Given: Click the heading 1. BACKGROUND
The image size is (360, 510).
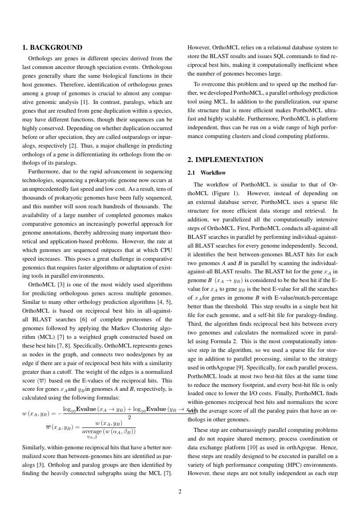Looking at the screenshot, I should tap(52, 47).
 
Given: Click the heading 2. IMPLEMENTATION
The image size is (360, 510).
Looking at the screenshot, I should tap(225, 160).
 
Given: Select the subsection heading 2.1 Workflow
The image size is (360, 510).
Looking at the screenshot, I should tap(206, 173).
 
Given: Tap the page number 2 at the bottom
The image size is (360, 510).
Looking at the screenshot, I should tap(180, 492).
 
